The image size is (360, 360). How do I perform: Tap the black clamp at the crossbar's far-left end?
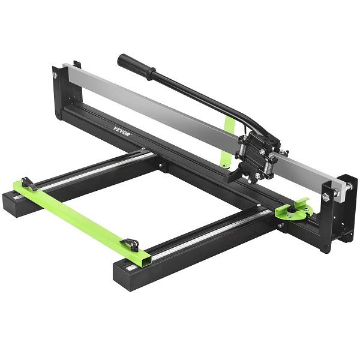coord(28,184)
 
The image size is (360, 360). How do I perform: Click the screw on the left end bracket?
coord(55,75)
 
